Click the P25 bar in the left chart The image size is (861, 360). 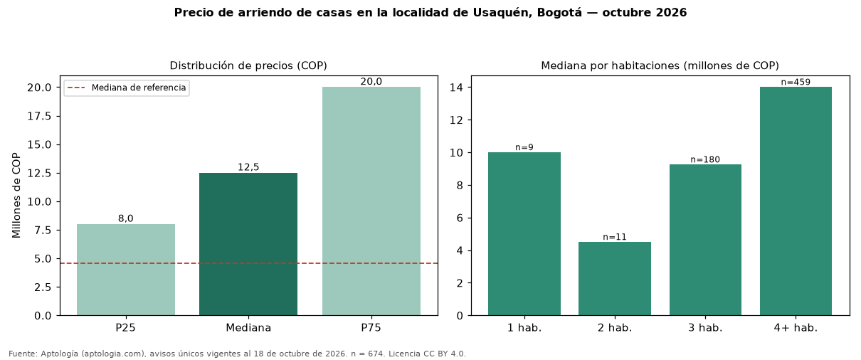(x=126, y=270)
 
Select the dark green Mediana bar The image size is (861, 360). (x=248, y=244)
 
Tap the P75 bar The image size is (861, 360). (x=371, y=201)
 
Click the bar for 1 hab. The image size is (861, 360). (x=524, y=234)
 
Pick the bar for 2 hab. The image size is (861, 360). (x=615, y=279)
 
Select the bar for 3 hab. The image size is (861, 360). (x=705, y=240)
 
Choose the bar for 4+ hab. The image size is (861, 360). (x=796, y=201)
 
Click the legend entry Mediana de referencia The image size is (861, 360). (x=127, y=88)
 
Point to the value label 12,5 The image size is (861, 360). (x=248, y=167)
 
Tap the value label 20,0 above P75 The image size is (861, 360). (x=371, y=81)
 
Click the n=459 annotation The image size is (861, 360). (x=796, y=83)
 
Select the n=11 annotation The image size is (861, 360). (x=615, y=237)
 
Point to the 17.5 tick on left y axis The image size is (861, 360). (x=39, y=116)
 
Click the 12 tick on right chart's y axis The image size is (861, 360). (x=456, y=120)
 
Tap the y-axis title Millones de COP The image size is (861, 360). (x=16, y=196)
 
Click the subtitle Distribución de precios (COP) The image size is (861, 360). (x=248, y=65)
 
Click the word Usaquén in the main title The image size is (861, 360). (x=502, y=13)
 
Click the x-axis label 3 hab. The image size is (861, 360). (x=705, y=328)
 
